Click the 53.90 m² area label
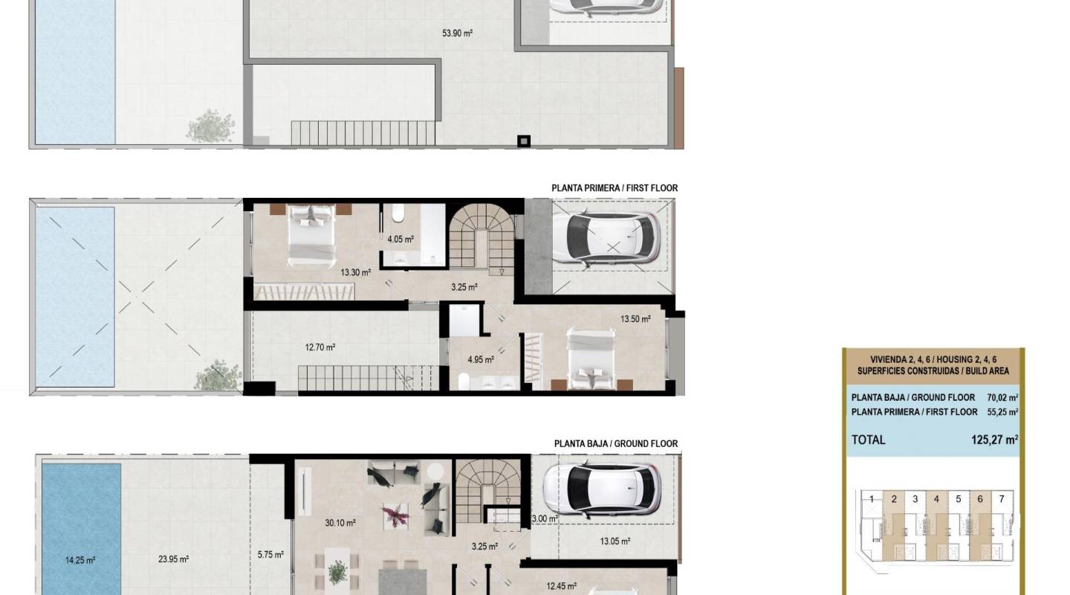458,33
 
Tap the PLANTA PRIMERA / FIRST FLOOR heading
615,188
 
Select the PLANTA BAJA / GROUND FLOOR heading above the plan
616,444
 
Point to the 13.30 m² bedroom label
356,273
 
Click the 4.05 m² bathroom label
401,239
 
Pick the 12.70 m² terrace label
320,347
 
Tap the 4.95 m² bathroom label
481,360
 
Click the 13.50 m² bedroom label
635,320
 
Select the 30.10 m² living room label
340,524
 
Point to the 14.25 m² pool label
80,560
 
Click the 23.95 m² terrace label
173,560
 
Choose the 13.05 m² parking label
615,541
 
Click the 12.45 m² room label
562,586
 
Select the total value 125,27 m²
994,440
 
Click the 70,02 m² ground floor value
1002,398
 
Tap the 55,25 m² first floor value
1002,412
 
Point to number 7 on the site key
1002,499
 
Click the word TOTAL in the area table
869,440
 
